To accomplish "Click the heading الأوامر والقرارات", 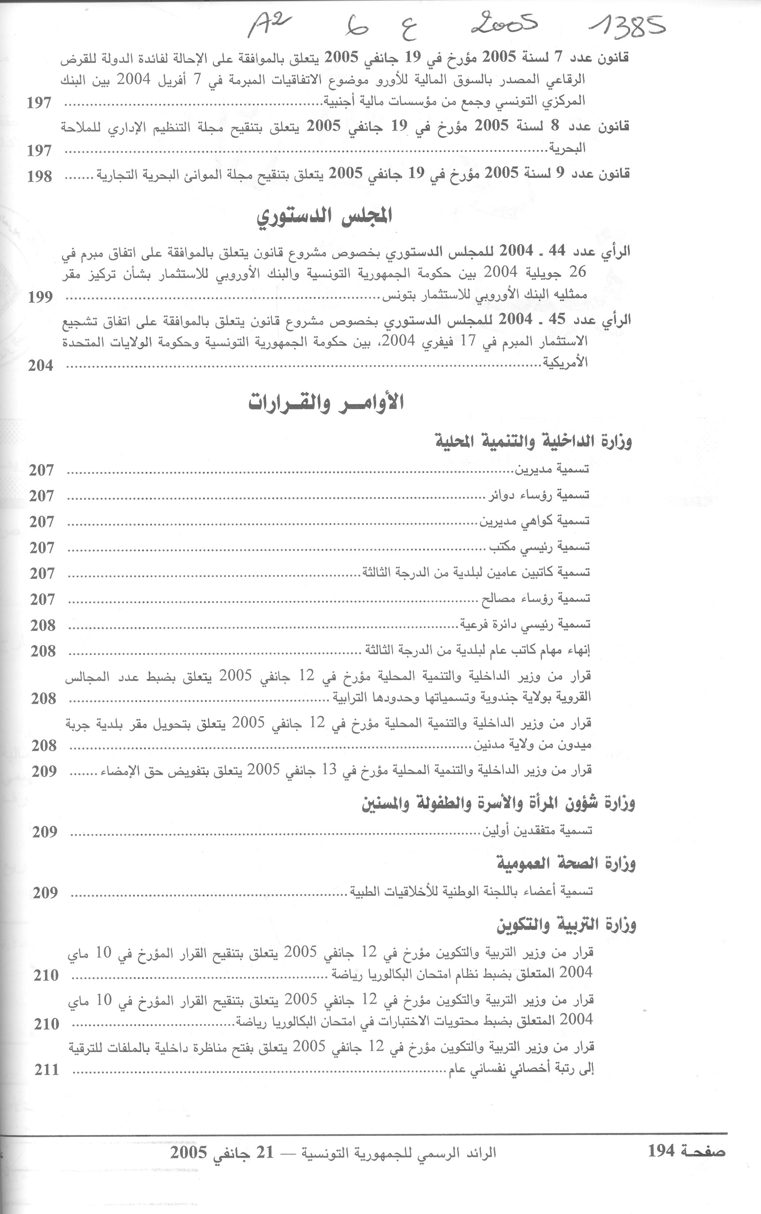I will tap(326, 403).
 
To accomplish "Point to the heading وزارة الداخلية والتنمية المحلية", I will tap(533, 441).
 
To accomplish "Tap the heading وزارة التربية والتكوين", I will tap(566, 924).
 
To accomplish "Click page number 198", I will tap(40, 176).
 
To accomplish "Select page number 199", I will tap(40, 297).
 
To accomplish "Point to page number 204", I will tap(40, 366).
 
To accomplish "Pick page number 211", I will tap(46, 1070).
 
